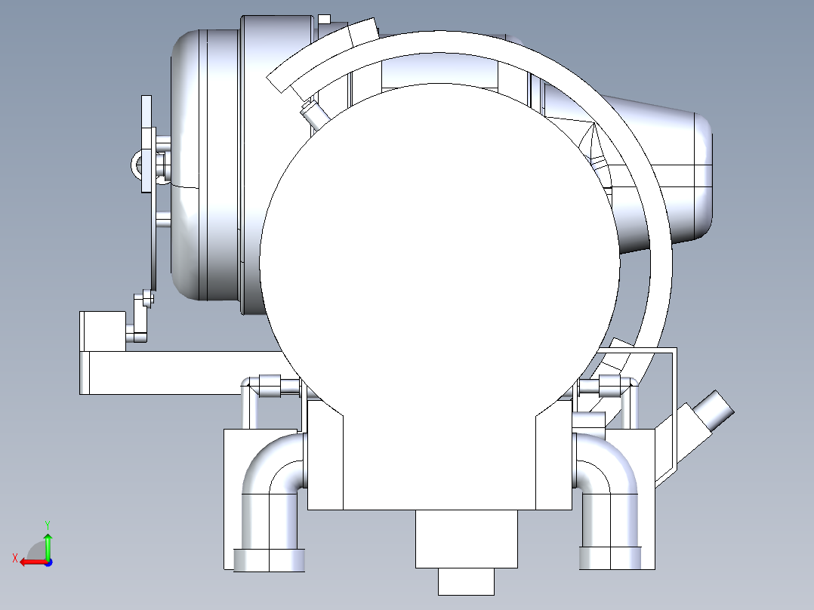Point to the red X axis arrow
point(33,562)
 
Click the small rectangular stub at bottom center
point(466,581)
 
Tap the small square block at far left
point(103,331)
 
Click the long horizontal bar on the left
point(182,373)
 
